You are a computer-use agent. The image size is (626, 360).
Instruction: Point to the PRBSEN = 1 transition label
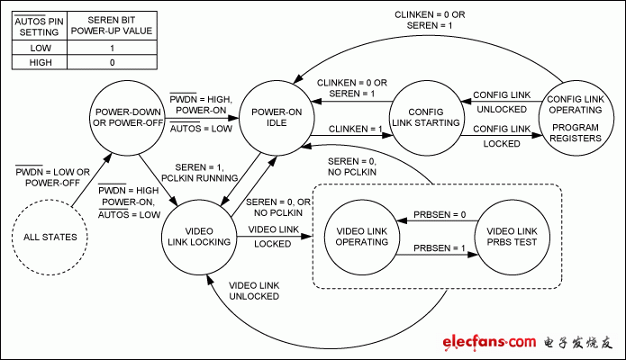pos(434,247)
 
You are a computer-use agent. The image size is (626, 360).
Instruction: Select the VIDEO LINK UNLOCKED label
pos(254,291)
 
